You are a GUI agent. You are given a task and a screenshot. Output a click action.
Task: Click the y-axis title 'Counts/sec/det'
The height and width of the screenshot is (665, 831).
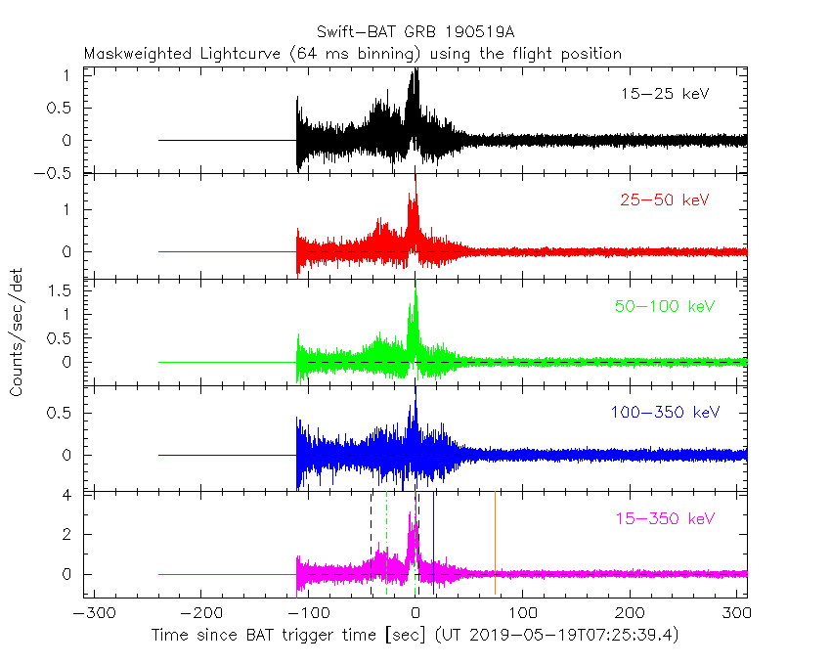[x=17, y=334]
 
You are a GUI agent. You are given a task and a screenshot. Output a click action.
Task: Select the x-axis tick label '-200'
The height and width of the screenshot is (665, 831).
[x=198, y=613]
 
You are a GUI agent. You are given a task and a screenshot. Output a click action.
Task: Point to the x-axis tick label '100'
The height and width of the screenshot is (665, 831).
[x=523, y=613]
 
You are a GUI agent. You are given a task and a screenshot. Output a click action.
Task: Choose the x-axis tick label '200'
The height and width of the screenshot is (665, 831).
[x=631, y=613]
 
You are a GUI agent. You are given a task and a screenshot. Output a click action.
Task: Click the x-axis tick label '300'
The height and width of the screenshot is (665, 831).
[x=737, y=613]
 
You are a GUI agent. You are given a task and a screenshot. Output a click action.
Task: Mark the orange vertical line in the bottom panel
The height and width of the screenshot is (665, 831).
[x=495, y=543]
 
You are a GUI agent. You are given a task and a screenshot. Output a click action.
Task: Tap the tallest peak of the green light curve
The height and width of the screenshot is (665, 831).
[x=415, y=292]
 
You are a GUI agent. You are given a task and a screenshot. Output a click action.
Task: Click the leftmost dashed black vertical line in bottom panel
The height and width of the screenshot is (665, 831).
[x=371, y=543]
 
